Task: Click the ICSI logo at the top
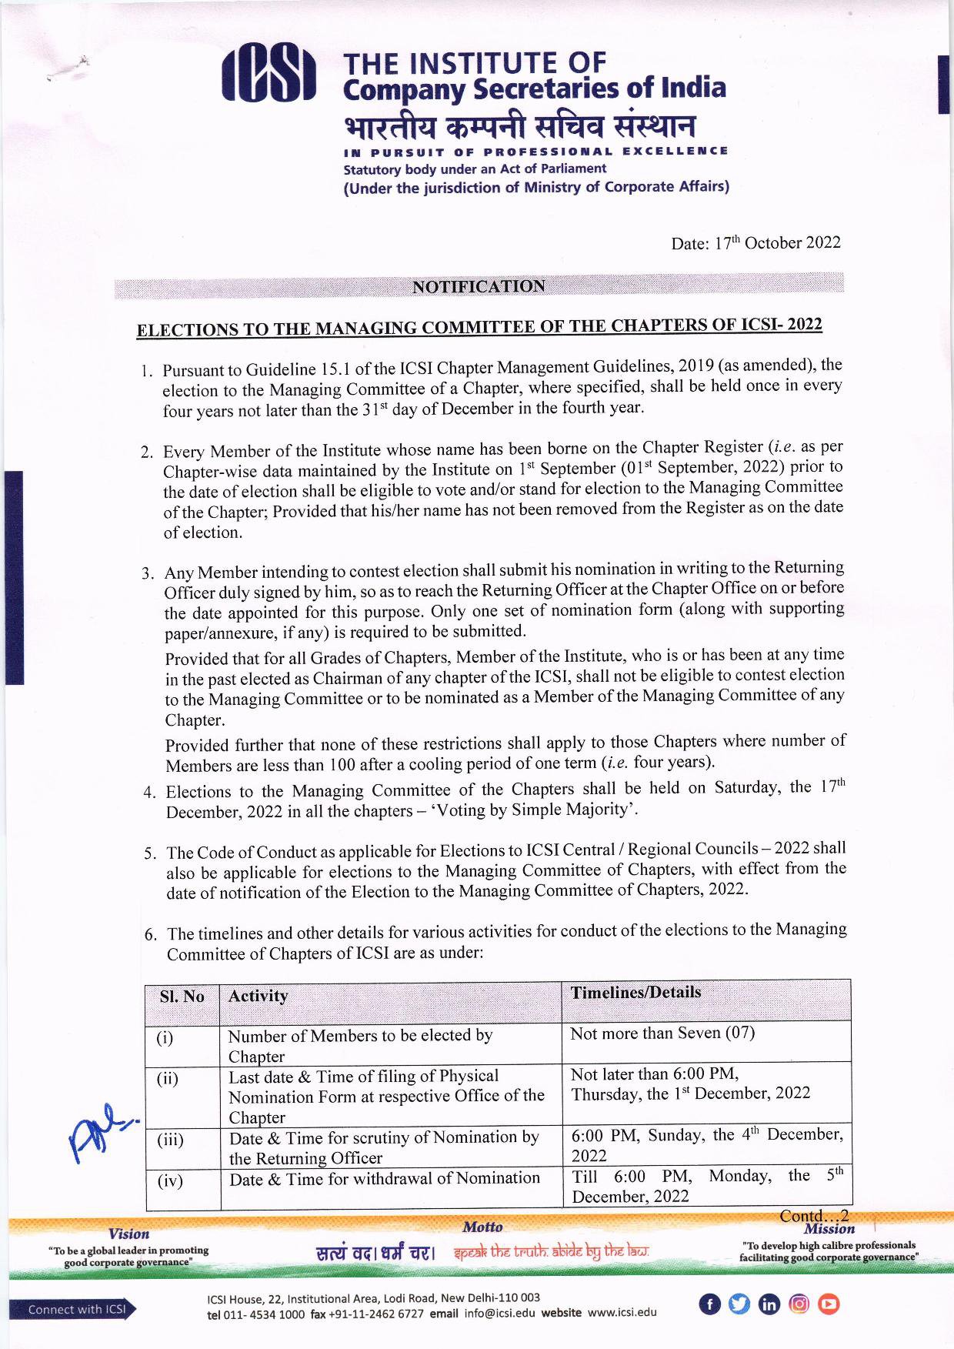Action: (x=269, y=76)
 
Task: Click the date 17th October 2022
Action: (x=756, y=243)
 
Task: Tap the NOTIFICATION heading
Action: (x=479, y=286)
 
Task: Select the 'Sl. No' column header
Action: (x=182, y=997)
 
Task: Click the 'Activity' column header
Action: (x=259, y=996)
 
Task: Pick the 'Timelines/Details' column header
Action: (x=635, y=993)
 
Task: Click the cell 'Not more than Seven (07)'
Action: (x=662, y=1033)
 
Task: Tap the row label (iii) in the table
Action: (x=169, y=1140)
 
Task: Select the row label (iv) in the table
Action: (x=169, y=1180)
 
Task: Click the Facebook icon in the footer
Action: (x=709, y=1304)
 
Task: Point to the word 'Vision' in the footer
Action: (x=128, y=1234)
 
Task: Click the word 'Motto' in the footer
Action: (x=482, y=1227)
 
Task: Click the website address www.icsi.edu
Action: (x=622, y=1313)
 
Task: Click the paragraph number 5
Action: (x=151, y=853)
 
